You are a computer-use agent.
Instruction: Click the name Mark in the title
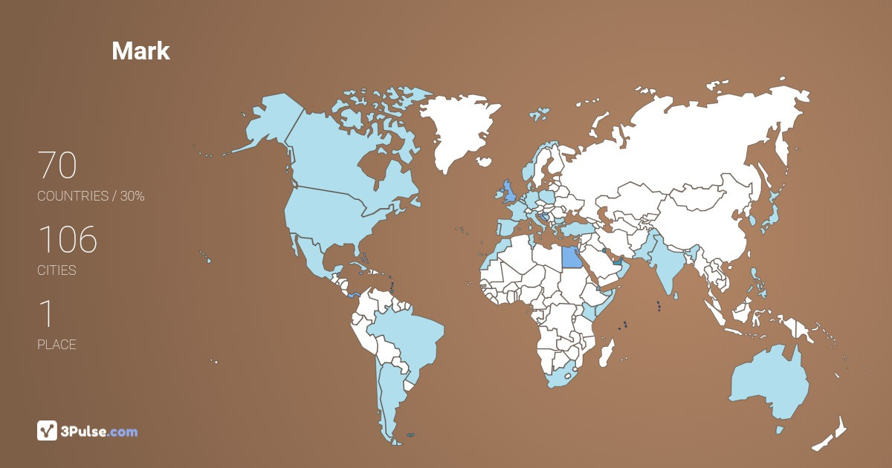point(140,51)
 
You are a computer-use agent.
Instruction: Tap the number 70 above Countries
point(57,165)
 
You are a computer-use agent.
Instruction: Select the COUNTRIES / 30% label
point(91,196)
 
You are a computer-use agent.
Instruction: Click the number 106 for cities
point(67,239)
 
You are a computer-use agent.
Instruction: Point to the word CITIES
point(56,270)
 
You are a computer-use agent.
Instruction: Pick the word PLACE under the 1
point(56,345)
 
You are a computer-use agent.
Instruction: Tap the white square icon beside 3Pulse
point(47,431)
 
